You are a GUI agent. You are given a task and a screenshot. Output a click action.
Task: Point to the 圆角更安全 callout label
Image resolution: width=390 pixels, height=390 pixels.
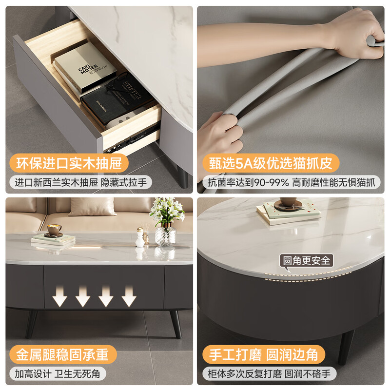306,260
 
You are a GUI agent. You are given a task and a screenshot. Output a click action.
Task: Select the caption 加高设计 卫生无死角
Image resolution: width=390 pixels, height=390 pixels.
58,374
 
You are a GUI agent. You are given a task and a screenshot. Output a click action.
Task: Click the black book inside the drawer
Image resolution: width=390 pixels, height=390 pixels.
117,97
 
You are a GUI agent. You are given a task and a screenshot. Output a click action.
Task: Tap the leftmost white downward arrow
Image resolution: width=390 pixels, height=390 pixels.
60,296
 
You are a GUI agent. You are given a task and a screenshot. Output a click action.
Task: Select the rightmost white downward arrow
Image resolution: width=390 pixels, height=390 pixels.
129,296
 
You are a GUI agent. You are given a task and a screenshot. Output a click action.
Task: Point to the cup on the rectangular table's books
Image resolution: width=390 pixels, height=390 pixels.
54,229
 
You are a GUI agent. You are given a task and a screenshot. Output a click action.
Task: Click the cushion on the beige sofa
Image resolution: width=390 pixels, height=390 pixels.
93,206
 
